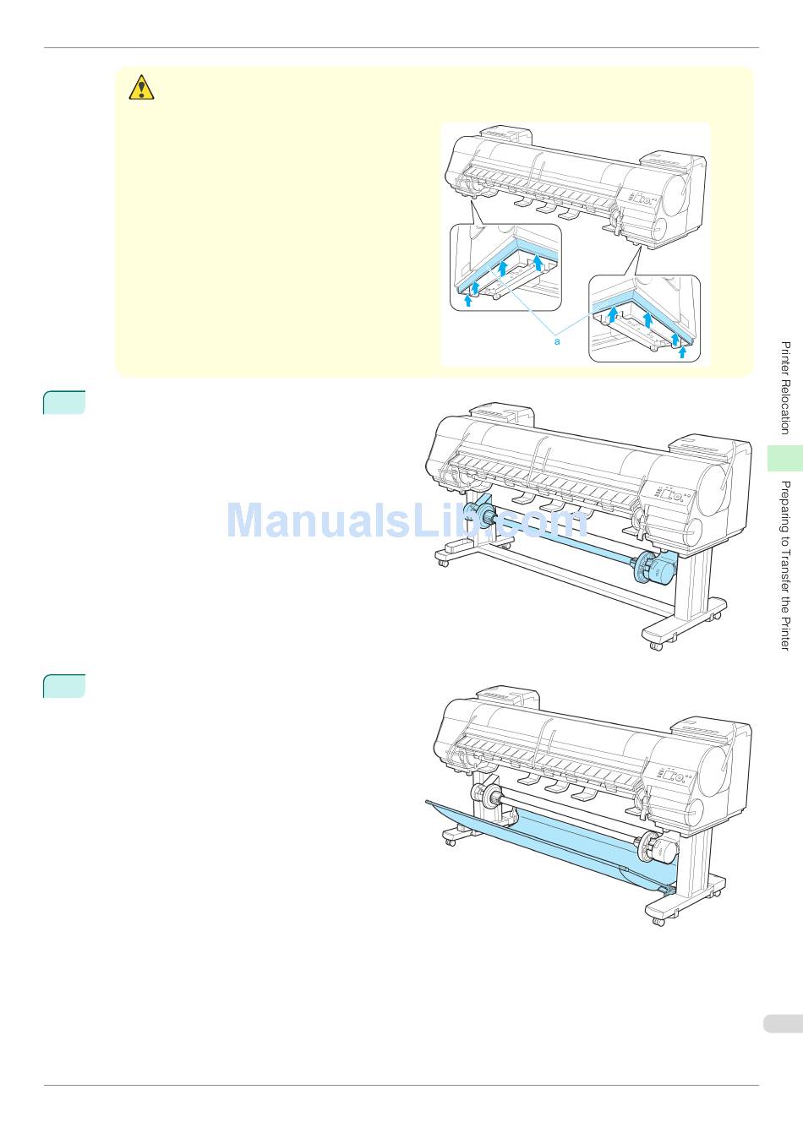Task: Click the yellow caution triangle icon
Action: (141, 87)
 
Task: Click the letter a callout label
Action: (557, 341)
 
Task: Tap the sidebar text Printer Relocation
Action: (785, 388)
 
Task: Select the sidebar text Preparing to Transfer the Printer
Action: (785, 564)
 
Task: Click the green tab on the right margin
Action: (785, 457)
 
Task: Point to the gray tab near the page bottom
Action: (782, 1024)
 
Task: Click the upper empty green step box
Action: (64, 403)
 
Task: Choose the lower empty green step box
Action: (64, 686)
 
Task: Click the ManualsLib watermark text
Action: (406, 520)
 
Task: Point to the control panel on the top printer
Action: (640, 199)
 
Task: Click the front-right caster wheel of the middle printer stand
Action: (656, 645)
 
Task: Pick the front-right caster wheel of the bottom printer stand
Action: (657, 920)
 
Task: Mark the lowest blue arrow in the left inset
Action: (467, 300)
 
